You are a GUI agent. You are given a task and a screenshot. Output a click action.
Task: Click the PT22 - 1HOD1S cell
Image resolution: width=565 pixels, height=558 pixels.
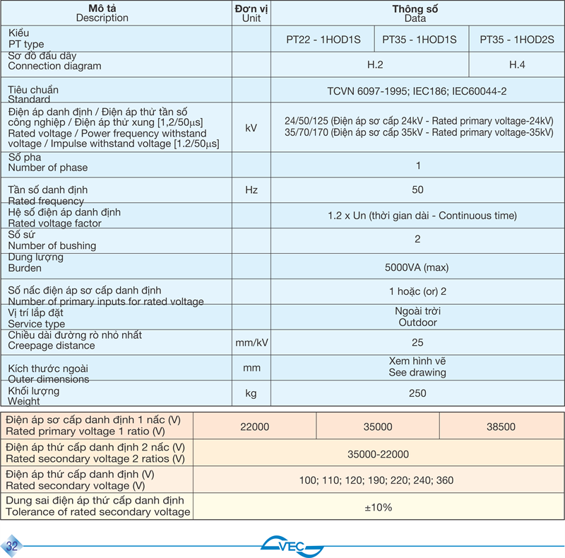[x=323, y=40]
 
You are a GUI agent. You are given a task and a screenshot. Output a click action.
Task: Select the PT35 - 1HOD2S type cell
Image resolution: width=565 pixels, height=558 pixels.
[x=517, y=40]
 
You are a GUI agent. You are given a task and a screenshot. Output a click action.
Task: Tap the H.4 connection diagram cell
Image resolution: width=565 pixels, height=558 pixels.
[x=517, y=65]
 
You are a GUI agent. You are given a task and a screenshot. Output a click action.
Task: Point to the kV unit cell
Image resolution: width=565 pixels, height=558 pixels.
[x=251, y=128]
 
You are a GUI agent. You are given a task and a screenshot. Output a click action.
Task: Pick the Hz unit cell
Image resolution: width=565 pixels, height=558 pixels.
[x=251, y=190]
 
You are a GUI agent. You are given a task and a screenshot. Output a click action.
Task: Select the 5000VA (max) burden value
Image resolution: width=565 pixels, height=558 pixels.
[x=417, y=267]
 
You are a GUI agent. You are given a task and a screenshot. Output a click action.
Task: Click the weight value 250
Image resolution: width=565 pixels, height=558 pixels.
[x=417, y=393]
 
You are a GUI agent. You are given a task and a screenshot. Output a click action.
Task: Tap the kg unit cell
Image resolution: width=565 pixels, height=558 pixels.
[x=251, y=393]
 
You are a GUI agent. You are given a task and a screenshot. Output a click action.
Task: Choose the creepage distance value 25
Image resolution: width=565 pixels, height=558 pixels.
[x=417, y=342]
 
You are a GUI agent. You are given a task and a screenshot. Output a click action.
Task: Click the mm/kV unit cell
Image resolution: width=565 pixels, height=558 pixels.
[x=251, y=342]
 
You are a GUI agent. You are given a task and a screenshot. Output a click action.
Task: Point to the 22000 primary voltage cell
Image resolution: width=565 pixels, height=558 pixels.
[x=254, y=426]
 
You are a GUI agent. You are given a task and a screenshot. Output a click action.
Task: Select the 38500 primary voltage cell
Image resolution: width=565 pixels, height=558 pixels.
[x=501, y=426]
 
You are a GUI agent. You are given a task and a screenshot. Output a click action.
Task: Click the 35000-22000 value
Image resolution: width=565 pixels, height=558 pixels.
[x=378, y=454]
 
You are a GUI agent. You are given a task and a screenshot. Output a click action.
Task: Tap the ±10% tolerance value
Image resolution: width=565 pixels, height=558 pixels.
[x=378, y=507]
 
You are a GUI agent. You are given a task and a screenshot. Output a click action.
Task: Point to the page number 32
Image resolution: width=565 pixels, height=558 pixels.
[x=12, y=546]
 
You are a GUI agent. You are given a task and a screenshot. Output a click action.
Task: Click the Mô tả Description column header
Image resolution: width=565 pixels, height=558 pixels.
[x=102, y=13]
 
